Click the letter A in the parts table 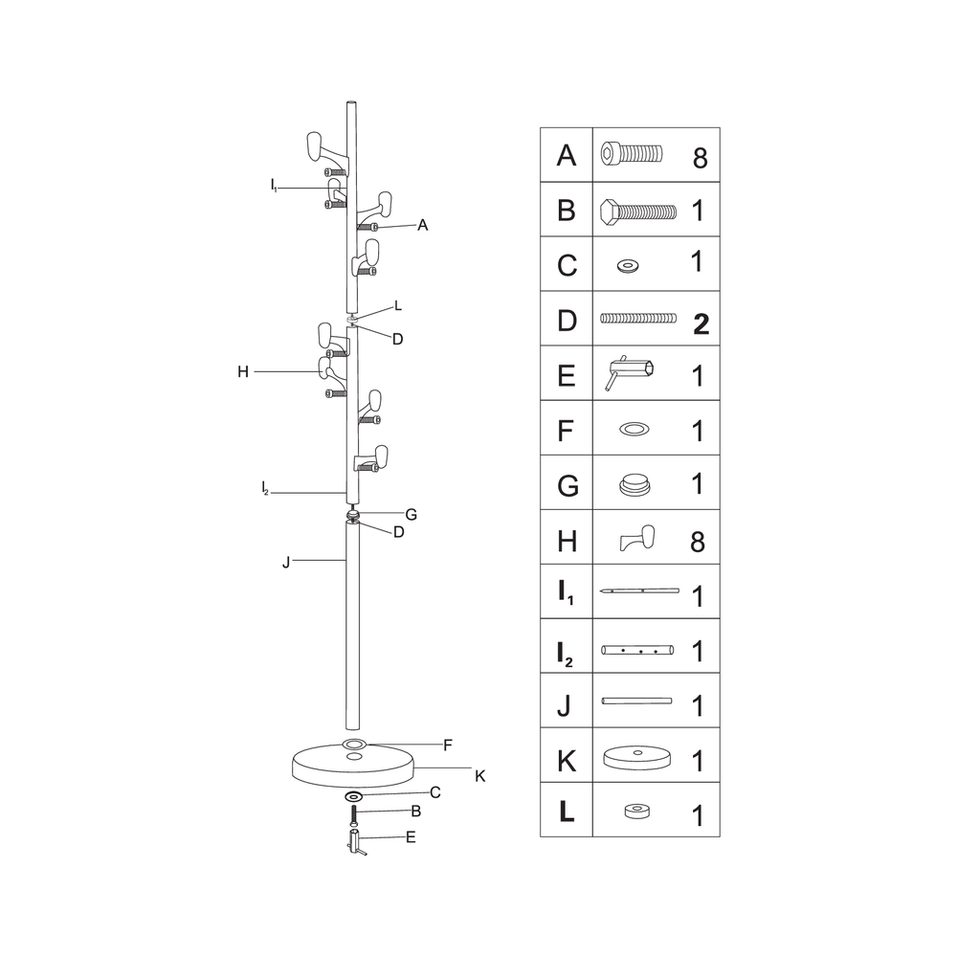pos(567,156)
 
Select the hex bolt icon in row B pos(638,211)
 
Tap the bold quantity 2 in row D pos(701,323)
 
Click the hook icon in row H pos(637,538)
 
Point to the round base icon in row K pos(636,757)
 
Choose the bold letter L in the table pos(567,812)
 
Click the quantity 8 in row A pos(701,158)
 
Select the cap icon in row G pos(634,485)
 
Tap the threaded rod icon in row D pos(638,318)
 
